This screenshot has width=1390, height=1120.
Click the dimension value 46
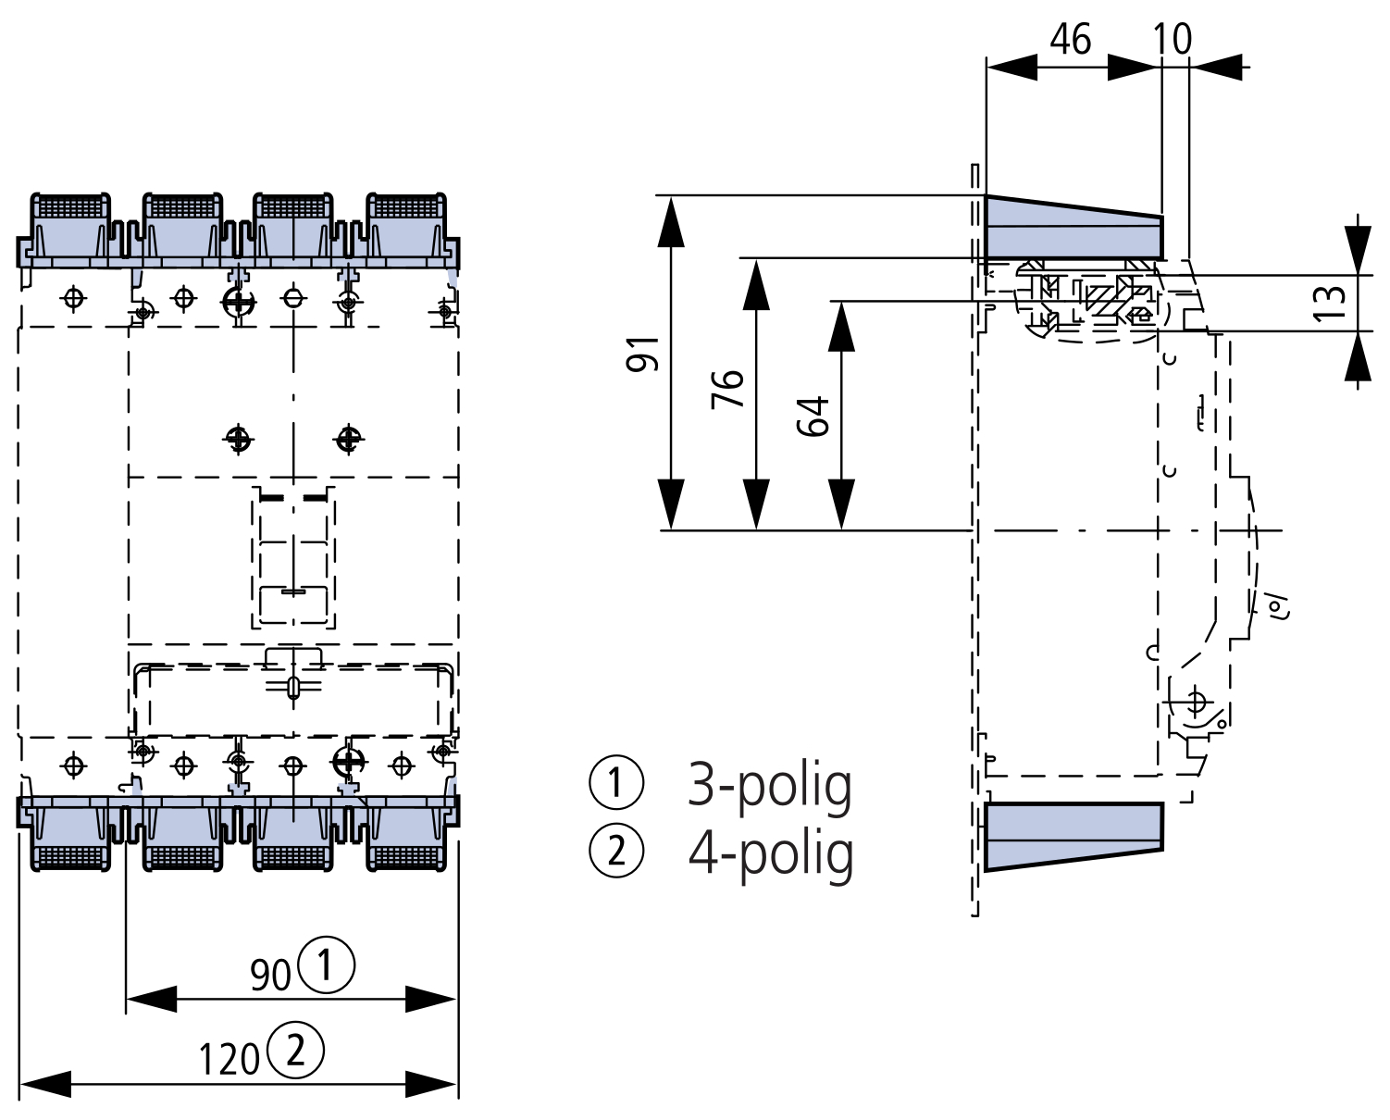click(1071, 40)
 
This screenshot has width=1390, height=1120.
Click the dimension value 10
click(1173, 40)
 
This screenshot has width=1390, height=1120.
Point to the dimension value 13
click(1328, 303)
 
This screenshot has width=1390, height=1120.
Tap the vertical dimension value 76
click(728, 390)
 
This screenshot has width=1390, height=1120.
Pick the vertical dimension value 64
click(813, 416)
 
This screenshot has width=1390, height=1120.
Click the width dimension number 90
click(270, 974)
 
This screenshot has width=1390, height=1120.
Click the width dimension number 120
click(230, 1058)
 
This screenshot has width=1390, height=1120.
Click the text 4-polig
click(770, 853)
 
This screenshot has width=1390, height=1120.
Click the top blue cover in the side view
click(1073, 228)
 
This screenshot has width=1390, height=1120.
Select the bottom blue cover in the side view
click(1074, 835)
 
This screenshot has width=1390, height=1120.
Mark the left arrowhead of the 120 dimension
click(45, 1084)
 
